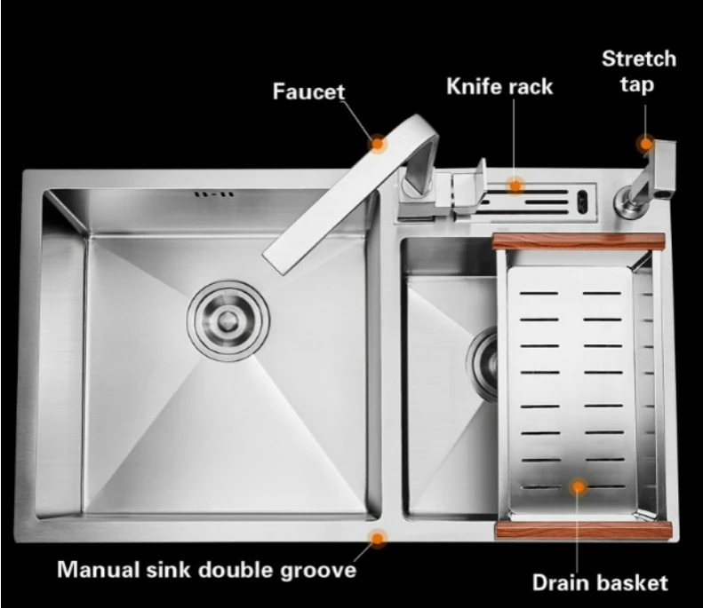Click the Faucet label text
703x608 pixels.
308,91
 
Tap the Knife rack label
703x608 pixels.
499,86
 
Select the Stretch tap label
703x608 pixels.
639,72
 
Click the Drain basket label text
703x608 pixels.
599,583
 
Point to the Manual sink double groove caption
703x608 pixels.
206,569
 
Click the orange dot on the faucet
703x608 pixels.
378,142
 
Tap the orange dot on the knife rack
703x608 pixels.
515,185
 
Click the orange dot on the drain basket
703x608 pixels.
579,486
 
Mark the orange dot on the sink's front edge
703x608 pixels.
378,537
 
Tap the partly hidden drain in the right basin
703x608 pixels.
485,355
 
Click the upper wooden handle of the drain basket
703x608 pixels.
578,241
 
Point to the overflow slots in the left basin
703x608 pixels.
214,193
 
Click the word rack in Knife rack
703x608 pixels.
531,86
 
